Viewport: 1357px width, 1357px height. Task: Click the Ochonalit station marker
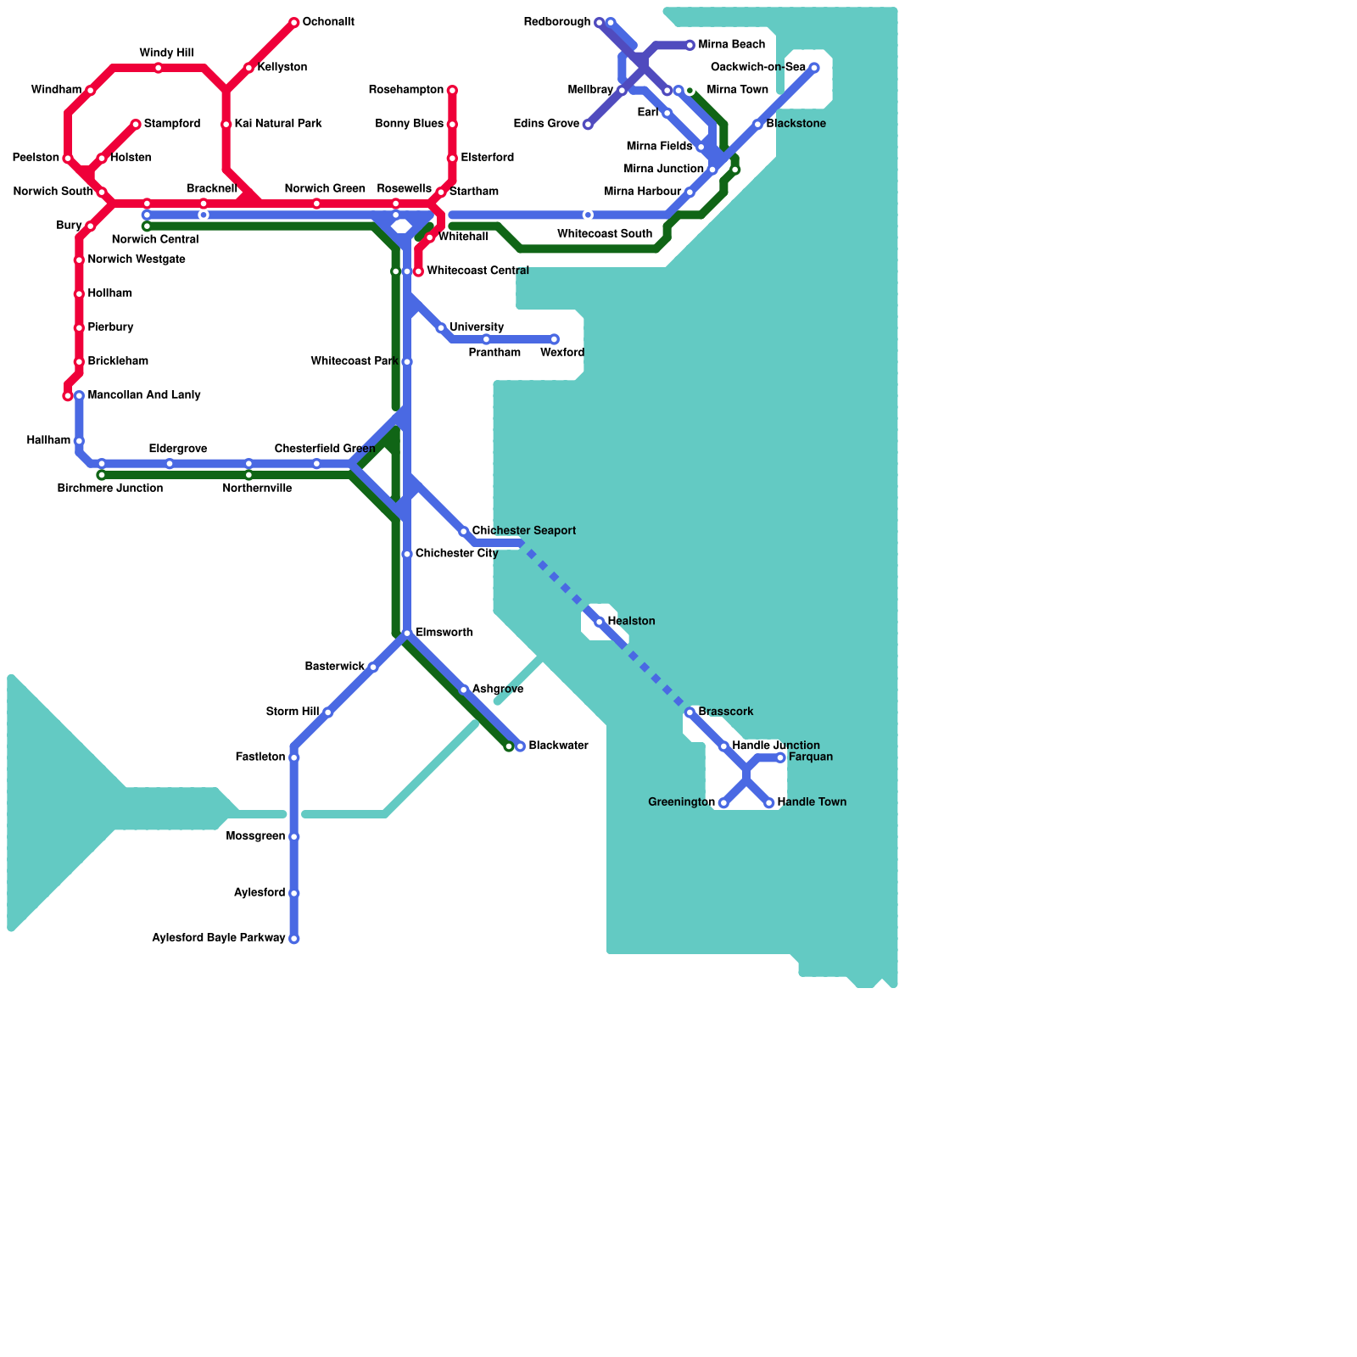click(293, 22)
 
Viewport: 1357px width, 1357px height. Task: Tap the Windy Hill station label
click(166, 53)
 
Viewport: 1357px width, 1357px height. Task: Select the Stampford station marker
click(136, 125)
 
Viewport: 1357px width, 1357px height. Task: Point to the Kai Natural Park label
click(278, 124)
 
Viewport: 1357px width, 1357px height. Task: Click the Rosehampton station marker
click(452, 90)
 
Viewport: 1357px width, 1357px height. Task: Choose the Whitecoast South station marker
click(588, 215)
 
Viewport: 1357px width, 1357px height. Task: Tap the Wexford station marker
click(554, 339)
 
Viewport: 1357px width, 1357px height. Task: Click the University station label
click(477, 327)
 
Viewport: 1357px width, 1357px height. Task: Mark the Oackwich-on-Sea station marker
click(814, 68)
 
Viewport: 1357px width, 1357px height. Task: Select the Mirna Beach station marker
click(690, 45)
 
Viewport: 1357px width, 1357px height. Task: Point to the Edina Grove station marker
click(588, 125)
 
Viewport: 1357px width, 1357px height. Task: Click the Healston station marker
click(599, 623)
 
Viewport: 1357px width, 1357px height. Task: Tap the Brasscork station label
click(726, 712)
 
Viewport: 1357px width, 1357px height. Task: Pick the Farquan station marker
click(780, 757)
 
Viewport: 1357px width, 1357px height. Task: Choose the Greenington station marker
click(723, 803)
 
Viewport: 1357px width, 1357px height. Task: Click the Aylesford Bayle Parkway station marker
click(293, 939)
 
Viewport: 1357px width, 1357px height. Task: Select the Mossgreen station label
click(256, 836)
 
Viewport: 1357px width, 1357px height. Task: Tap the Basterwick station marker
click(372, 667)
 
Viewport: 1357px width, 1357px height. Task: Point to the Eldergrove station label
click(178, 449)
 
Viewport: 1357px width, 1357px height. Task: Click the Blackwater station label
click(558, 746)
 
